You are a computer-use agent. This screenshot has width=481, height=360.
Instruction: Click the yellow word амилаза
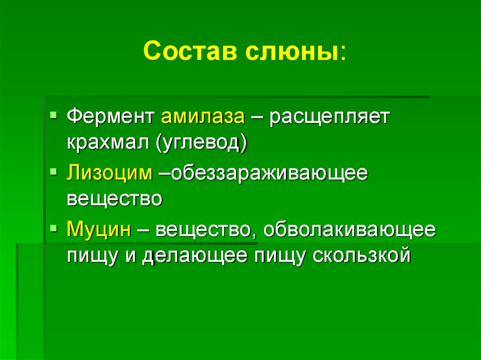tap(203, 116)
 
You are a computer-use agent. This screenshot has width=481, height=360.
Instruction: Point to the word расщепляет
tap(329, 116)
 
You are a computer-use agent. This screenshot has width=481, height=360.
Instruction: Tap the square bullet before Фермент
tap(54, 115)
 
